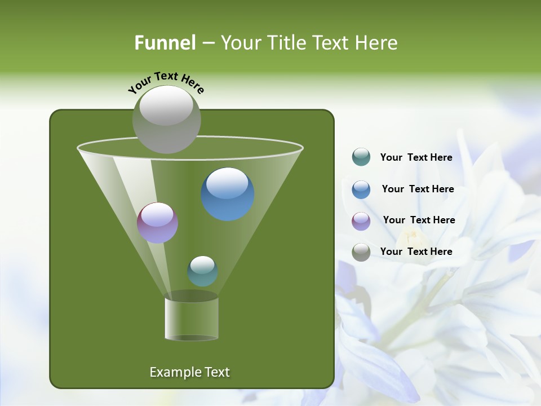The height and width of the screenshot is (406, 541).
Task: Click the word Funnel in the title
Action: pyautogui.click(x=165, y=43)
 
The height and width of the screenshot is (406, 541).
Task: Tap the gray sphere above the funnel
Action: pyautogui.click(x=167, y=120)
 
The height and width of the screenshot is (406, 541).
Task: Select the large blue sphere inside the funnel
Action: pyautogui.click(x=228, y=194)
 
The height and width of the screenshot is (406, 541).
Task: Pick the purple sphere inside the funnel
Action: pyautogui.click(x=158, y=223)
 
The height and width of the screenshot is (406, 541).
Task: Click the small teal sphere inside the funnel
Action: pyautogui.click(x=202, y=271)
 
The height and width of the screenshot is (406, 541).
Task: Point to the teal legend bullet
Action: pyautogui.click(x=361, y=157)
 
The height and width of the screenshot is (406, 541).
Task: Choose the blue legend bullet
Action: pyautogui.click(x=361, y=189)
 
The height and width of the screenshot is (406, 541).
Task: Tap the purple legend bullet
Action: pyautogui.click(x=361, y=220)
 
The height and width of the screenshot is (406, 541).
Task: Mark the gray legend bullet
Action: pyautogui.click(x=361, y=252)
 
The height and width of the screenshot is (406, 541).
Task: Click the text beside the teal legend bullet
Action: pyautogui.click(x=416, y=157)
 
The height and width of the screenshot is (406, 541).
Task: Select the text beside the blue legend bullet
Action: pyautogui.click(x=418, y=189)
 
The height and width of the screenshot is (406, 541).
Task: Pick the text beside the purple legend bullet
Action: pyautogui.click(x=419, y=220)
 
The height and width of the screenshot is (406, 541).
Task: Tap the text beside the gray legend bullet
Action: pyautogui.click(x=416, y=251)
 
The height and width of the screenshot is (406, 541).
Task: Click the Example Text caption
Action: pyautogui.click(x=190, y=372)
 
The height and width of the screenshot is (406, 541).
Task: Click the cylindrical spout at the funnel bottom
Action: pyautogui.click(x=192, y=319)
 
